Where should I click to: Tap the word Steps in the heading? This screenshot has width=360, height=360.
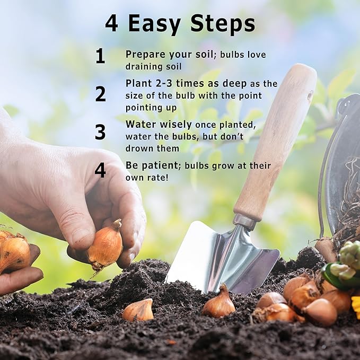point(223,24)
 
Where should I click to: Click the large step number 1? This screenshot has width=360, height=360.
point(100,56)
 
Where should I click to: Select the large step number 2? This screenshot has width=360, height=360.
point(101,94)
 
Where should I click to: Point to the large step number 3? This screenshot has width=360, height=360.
point(100,132)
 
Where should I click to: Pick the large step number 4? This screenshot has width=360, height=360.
point(100,170)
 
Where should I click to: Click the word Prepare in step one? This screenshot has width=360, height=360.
point(145,55)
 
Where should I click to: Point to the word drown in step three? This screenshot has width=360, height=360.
point(138,148)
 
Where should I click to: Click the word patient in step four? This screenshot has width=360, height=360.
point(160,166)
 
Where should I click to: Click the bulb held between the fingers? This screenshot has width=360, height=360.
point(106,245)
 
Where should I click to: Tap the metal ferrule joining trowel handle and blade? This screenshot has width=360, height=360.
point(244,221)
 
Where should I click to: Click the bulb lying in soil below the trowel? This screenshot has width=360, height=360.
point(219,302)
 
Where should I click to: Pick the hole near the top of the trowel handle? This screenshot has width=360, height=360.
point(310,94)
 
